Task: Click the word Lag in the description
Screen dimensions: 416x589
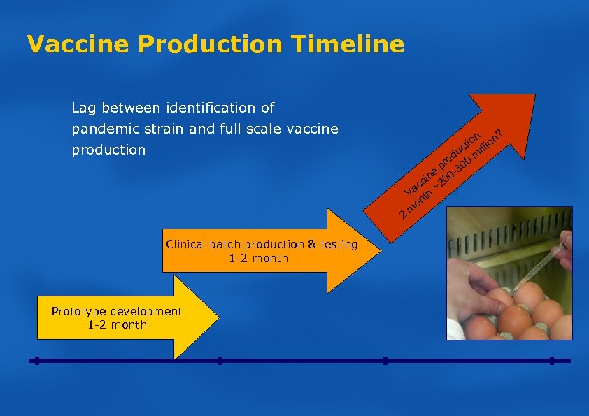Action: point(84,108)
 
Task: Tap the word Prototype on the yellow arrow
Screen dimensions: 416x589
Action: point(78,311)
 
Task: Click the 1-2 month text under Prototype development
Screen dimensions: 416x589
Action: point(118,324)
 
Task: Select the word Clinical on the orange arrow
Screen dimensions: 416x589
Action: point(185,244)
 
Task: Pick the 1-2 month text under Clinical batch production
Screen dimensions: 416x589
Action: point(259,258)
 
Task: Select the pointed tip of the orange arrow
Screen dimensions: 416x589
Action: point(378,250)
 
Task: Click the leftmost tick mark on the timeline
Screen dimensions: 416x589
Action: point(36,361)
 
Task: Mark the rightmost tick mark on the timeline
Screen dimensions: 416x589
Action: point(551,361)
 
